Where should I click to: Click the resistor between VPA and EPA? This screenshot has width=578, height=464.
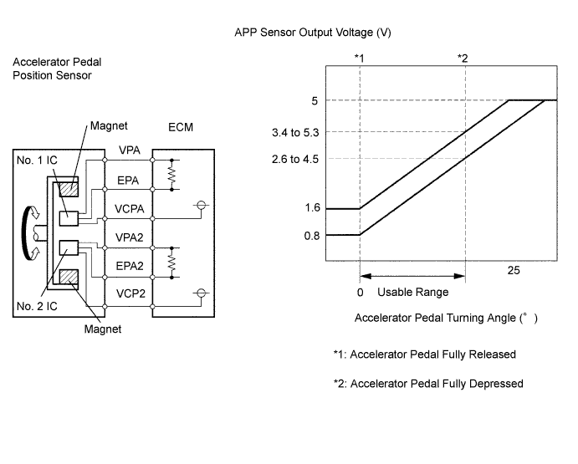tap(172, 173)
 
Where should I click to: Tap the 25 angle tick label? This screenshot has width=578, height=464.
tap(514, 271)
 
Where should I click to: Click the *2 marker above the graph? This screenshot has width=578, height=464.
tap(463, 57)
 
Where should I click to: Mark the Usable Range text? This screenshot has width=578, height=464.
tap(412, 293)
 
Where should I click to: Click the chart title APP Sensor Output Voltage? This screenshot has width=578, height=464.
tap(314, 33)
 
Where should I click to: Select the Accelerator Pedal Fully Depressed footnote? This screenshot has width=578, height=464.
tap(427, 384)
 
